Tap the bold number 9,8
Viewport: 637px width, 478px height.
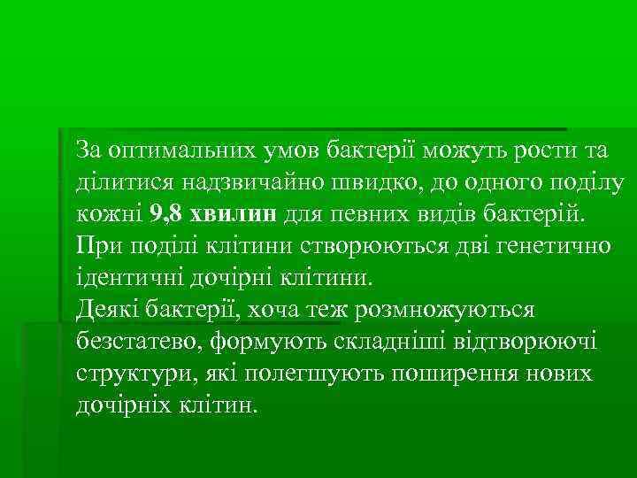[x=169, y=213]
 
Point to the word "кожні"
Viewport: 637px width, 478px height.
[x=108, y=213]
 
